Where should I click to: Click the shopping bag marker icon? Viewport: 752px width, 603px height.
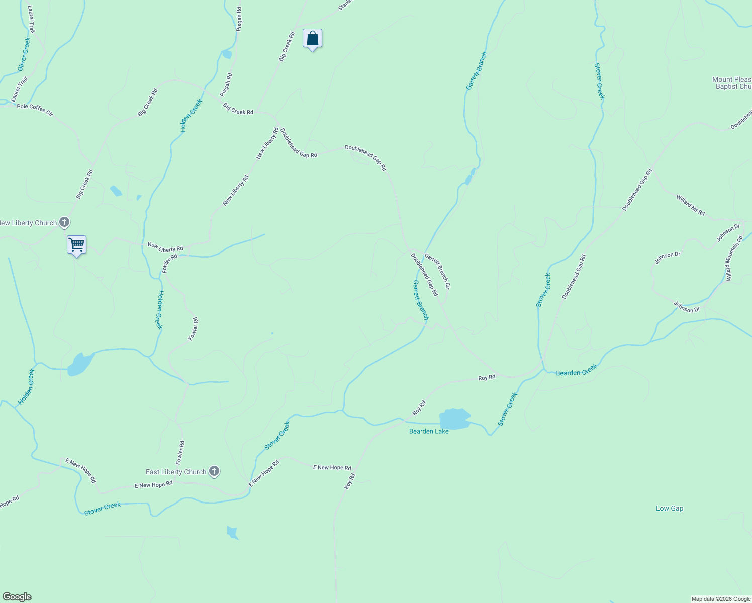tap(312, 38)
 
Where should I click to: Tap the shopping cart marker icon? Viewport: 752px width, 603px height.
tap(76, 245)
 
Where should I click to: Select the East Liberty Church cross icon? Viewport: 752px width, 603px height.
tap(214, 471)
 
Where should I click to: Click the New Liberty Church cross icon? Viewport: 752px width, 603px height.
tap(64, 222)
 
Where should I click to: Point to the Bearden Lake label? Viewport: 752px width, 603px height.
tap(428, 431)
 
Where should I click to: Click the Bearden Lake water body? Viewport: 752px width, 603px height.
tap(454, 419)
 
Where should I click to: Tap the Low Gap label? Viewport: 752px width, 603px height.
tap(669, 508)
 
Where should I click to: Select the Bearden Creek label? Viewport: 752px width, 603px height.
tap(576, 371)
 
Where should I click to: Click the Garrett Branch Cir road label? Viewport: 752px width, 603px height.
tap(437, 271)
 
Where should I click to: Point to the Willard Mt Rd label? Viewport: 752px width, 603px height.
tap(690, 206)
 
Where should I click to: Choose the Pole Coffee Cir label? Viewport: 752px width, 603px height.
tap(35, 109)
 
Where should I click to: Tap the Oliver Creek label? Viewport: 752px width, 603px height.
tap(24, 53)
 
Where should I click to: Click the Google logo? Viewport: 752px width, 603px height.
tap(17, 597)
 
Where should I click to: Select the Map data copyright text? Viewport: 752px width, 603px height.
tap(720, 599)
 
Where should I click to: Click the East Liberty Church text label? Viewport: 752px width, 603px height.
tap(176, 472)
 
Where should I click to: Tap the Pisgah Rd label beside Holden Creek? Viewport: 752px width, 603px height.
tap(226, 85)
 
